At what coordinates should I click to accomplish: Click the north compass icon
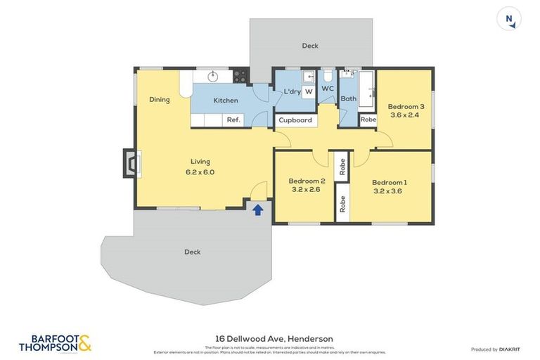508,19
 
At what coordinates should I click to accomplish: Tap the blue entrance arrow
258,209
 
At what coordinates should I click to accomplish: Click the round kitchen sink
213,75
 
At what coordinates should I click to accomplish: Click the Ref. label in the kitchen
233,120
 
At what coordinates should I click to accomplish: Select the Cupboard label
295,120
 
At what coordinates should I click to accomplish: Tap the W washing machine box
309,91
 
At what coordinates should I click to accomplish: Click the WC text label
328,89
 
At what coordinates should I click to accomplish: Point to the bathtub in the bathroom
366,89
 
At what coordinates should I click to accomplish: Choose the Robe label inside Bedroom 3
368,120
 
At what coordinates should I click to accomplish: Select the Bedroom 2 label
307,181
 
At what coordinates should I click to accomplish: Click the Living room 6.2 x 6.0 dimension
200,172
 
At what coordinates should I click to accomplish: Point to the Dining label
160,99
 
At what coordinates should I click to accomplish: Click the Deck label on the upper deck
310,46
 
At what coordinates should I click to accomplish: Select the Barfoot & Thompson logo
55,343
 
